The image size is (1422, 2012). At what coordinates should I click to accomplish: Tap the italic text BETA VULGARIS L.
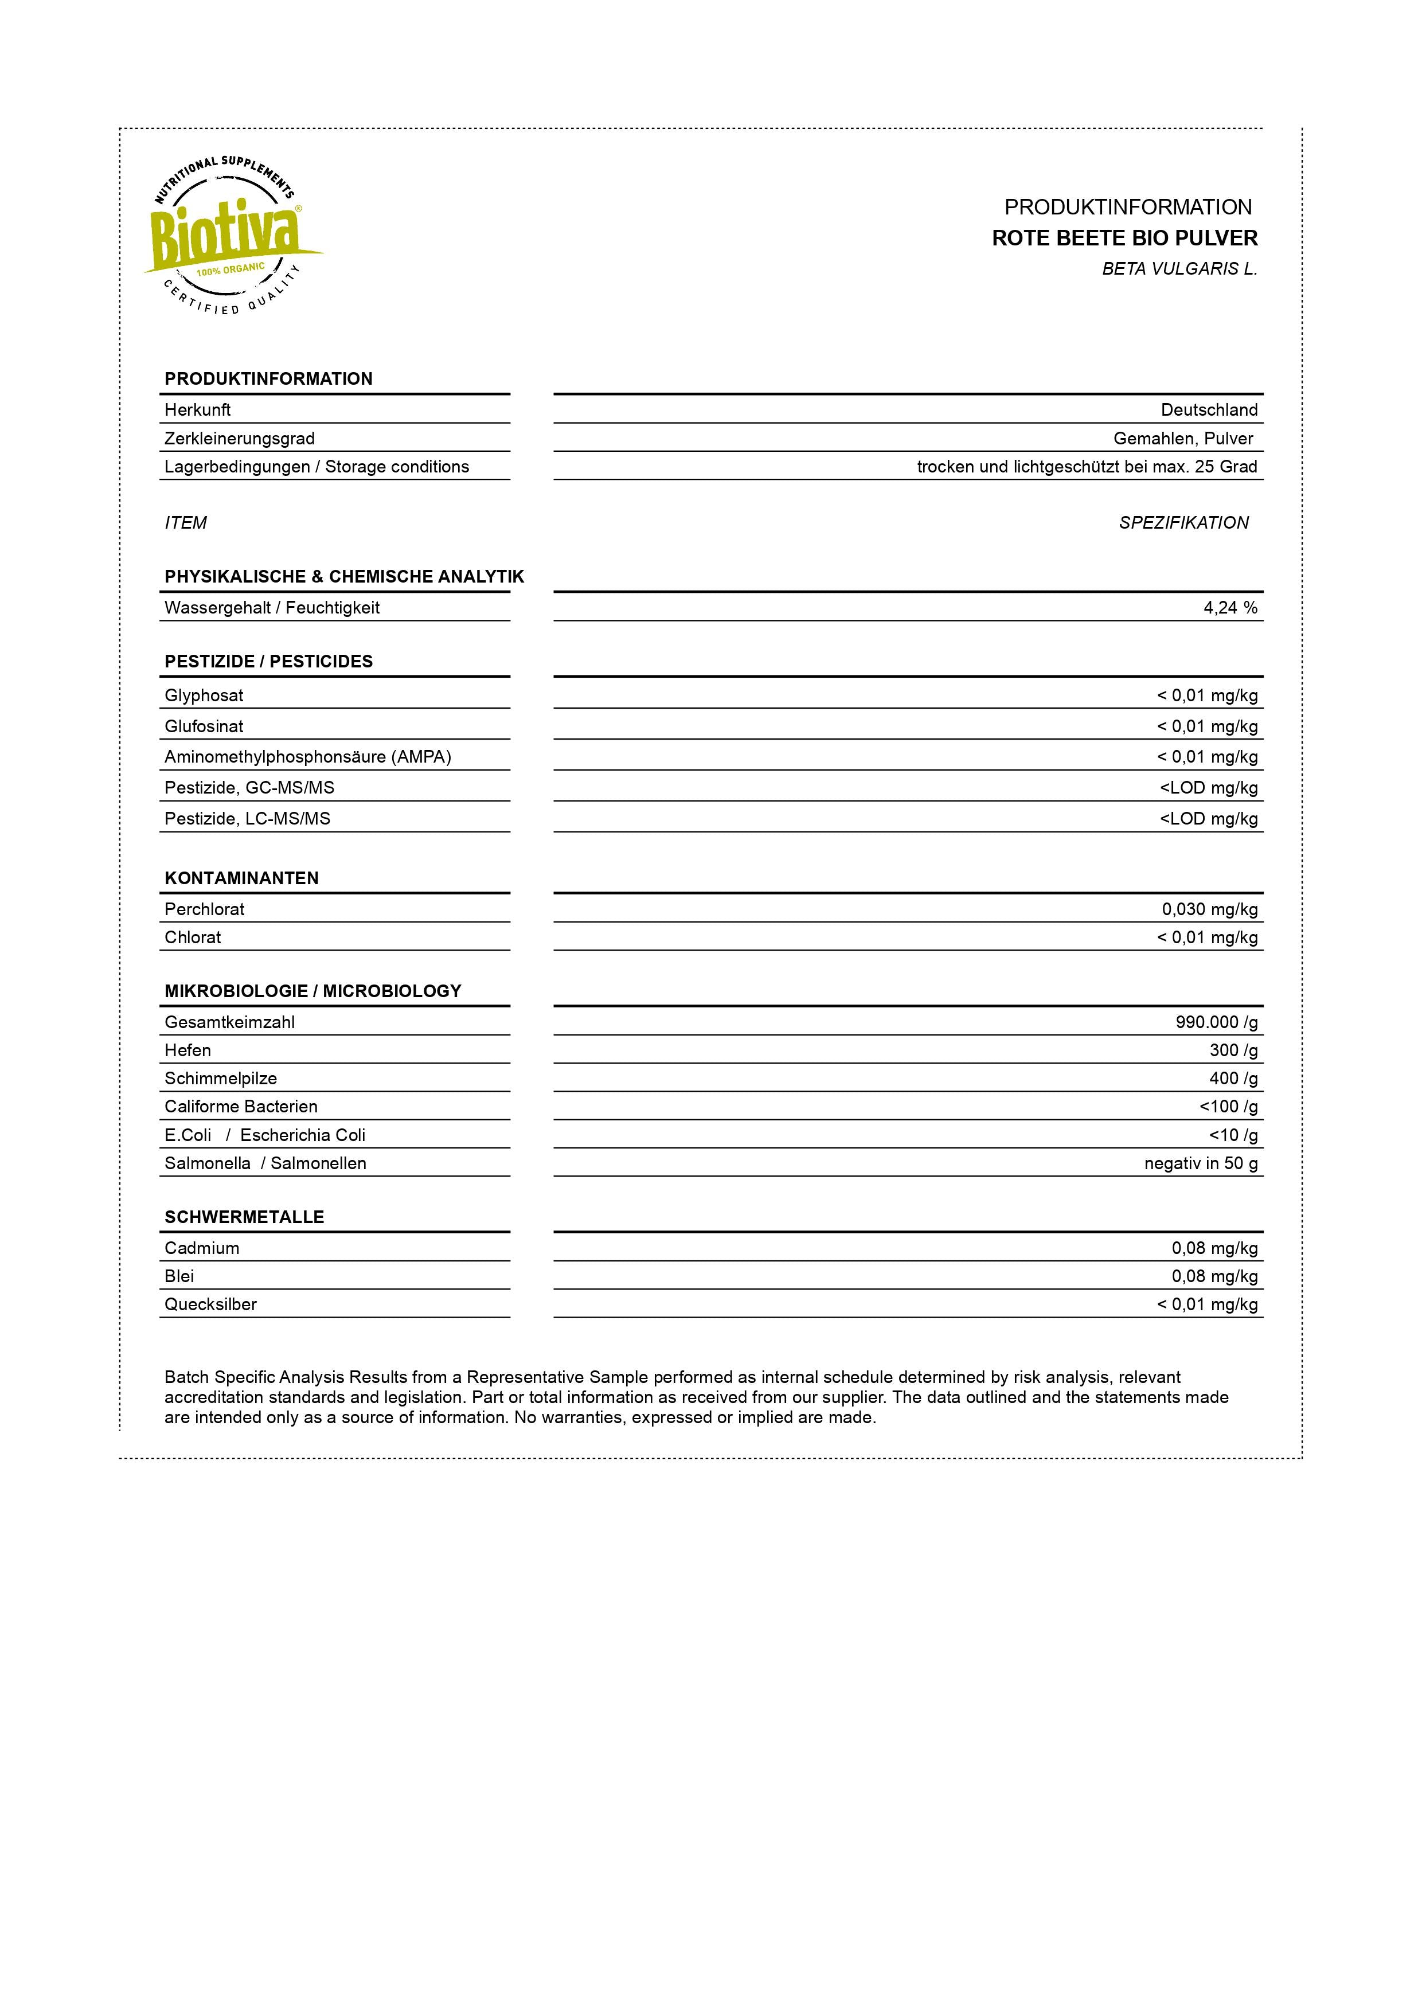coord(1179,269)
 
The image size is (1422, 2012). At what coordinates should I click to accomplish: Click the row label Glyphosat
coord(204,696)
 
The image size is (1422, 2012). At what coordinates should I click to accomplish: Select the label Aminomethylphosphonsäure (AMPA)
coord(307,757)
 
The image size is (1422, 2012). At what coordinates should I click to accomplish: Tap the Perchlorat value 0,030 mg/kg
coord(1209,909)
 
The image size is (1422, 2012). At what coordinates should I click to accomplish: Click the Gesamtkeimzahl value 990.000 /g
coord(1216,1023)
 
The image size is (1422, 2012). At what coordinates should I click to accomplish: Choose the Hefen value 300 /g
coord(1233,1050)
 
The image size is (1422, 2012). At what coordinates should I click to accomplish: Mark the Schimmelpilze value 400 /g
coord(1233,1079)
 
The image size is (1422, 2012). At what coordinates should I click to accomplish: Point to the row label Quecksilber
coord(210,1305)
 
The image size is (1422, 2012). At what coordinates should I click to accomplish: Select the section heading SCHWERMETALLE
coord(244,1217)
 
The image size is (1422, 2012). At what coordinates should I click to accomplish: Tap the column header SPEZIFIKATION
coord(1183,523)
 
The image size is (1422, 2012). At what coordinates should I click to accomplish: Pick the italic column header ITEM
coord(186,523)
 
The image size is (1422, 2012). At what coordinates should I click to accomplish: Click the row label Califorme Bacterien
coord(241,1107)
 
